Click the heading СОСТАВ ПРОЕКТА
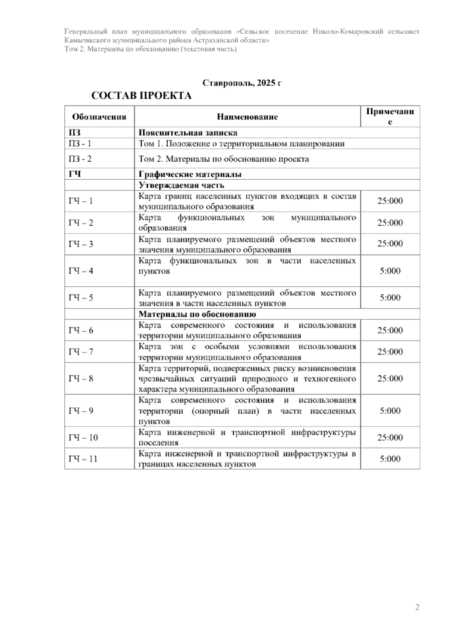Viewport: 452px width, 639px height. (142, 96)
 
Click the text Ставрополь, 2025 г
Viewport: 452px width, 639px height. (242, 83)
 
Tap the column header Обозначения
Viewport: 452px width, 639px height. (99, 117)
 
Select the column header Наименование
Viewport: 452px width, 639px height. (247, 117)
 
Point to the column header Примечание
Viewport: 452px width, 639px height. (390, 117)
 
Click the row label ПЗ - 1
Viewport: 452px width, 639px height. (80, 144)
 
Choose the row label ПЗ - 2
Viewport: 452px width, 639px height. (80, 159)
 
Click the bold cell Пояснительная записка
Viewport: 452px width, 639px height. (188, 133)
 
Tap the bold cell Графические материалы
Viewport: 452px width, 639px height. (190, 174)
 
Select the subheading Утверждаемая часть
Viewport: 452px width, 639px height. (182, 185)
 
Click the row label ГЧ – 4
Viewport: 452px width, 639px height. (81, 271)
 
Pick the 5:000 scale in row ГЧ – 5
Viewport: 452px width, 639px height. (390, 298)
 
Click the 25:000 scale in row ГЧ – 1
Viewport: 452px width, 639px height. (390, 201)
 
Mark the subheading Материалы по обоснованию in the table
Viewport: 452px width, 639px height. (197, 314)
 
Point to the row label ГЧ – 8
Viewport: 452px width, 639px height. (81, 379)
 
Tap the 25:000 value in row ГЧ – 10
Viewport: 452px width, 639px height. (390, 437)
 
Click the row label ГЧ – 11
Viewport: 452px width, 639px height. (83, 459)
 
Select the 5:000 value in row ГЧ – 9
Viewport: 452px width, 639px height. (390, 411)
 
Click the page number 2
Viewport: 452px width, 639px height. (417, 607)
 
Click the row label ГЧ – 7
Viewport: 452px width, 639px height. (81, 352)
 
